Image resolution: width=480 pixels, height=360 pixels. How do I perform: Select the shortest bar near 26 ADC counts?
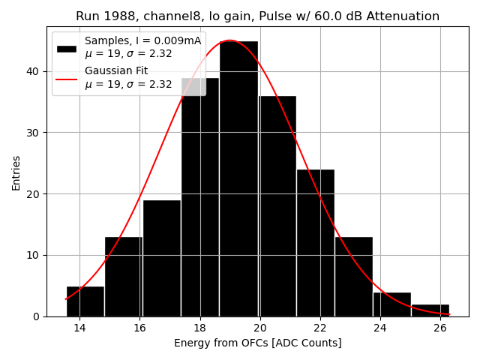point(430,310)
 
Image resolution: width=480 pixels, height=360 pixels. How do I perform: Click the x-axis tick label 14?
point(79,328)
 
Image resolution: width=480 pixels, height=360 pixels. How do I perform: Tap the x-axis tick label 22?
point(320,328)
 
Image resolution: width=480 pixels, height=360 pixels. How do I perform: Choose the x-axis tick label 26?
point(440,328)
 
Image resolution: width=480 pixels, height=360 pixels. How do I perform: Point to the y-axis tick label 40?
point(34,71)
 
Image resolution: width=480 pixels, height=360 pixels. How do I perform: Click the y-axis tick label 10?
point(34,255)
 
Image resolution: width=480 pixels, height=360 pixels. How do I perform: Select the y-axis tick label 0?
point(37,316)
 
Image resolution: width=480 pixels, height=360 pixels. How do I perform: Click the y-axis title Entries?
point(16,172)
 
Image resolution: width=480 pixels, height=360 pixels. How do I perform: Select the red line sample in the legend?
point(67,77)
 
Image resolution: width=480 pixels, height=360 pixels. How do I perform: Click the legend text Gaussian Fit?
point(116,71)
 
